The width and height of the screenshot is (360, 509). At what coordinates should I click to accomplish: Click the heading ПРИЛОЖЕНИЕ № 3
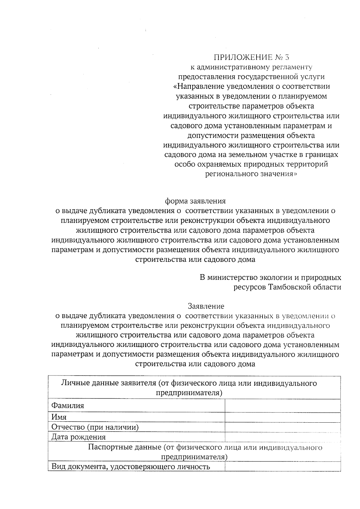click(252, 57)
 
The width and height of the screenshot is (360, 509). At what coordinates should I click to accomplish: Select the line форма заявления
click(195, 201)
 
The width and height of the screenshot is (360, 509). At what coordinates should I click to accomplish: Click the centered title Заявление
click(206, 306)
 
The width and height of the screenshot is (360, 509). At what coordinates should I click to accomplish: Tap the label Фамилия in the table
click(68, 406)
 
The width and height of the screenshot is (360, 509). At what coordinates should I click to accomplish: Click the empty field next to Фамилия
click(282, 406)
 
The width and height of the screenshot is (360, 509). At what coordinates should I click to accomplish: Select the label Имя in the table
click(59, 417)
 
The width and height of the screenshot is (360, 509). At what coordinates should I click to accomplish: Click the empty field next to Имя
click(282, 417)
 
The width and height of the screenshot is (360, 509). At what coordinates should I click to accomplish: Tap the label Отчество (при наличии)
click(95, 427)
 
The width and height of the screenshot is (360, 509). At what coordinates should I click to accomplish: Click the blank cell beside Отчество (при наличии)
click(282, 427)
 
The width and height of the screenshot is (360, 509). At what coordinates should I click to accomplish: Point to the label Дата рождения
click(79, 437)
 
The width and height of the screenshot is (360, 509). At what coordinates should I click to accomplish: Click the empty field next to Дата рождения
click(282, 437)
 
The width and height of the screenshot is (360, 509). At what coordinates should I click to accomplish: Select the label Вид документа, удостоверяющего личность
click(130, 467)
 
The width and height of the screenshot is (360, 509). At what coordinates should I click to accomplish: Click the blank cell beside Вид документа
click(282, 466)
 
